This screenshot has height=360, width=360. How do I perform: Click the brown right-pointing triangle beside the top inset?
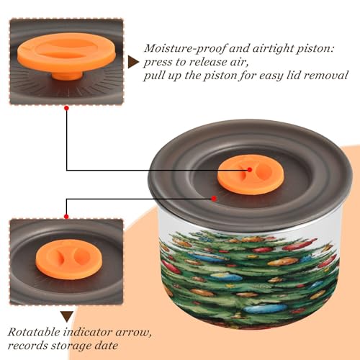click(x=133, y=63)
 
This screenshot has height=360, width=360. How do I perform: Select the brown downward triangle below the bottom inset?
click(x=67, y=317)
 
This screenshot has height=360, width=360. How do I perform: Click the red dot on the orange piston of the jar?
click(x=250, y=170)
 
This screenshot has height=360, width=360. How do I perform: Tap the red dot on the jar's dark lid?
click(x=214, y=199)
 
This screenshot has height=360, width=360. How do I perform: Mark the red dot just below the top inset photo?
click(x=67, y=109)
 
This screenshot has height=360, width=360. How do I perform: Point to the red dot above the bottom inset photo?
click(x=66, y=217)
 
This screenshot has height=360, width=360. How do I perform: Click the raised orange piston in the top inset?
click(x=67, y=53)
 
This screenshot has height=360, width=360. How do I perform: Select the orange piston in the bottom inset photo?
click(x=69, y=259)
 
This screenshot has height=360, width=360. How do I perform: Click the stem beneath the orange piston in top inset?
click(x=67, y=76)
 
